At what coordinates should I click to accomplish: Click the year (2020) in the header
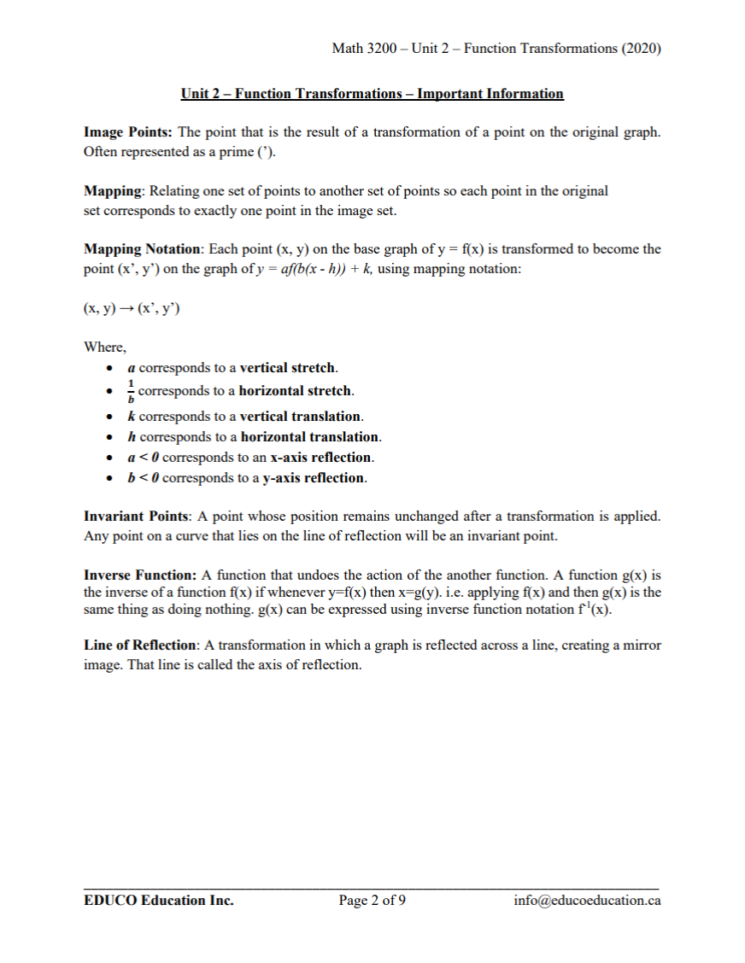tap(642, 49)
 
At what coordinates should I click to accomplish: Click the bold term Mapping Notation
tap(141, 249)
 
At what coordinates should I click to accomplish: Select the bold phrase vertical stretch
tap(288, 369)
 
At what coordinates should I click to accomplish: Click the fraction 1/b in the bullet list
tap(130, 392)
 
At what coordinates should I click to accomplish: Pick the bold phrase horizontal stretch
tap(296, 391)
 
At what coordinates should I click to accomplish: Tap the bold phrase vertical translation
tap(301, 417)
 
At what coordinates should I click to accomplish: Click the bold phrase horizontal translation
tap(310, 437)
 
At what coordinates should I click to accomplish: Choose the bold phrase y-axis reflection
tap(314, 478)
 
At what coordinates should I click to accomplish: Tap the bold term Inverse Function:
tap(140, 575)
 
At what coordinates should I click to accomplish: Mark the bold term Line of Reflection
tap(142, 646)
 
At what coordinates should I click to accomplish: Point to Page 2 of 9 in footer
tap(372, 900)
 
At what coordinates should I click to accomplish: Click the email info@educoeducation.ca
tap(587, 900)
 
